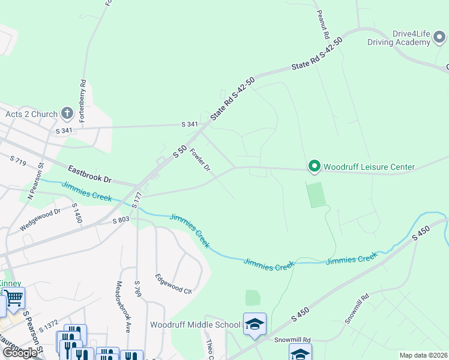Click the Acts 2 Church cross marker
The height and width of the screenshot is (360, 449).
tap(67, 113)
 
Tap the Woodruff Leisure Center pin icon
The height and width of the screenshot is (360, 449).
tap(313, 166)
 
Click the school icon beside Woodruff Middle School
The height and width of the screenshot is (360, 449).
tap(255, 324)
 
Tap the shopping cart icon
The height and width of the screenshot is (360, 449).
tap(14, 298)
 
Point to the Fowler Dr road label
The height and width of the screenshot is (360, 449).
tap(200, 159)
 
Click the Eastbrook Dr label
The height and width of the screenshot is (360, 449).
tap(90, 175)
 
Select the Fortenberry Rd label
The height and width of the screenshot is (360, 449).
tap(83, 97)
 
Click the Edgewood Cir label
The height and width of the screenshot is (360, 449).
tap(173, 283)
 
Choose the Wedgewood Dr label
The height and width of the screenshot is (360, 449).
tap(41, 218)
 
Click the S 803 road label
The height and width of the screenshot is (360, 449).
tap(121, 220)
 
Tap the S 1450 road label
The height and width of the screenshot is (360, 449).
tap(77, 214)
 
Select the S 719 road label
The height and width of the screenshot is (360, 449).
tap(20, 160)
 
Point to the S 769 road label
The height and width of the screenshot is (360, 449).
tap(137, 291)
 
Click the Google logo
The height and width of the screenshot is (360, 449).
tap(20, 352)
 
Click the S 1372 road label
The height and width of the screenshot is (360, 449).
tap(49, 326)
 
